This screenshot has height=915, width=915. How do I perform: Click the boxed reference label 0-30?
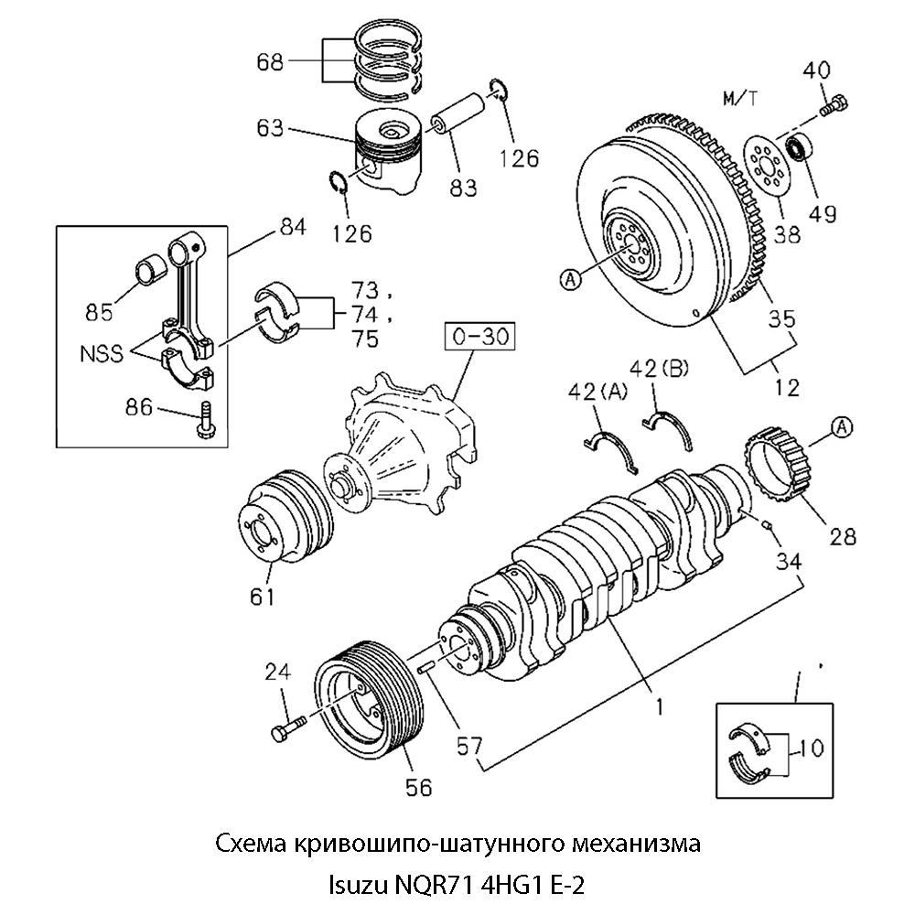pyautogui.click(x=479, y=338)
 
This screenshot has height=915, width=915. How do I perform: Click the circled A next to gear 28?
pyautogui.click(x=842, y=425)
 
